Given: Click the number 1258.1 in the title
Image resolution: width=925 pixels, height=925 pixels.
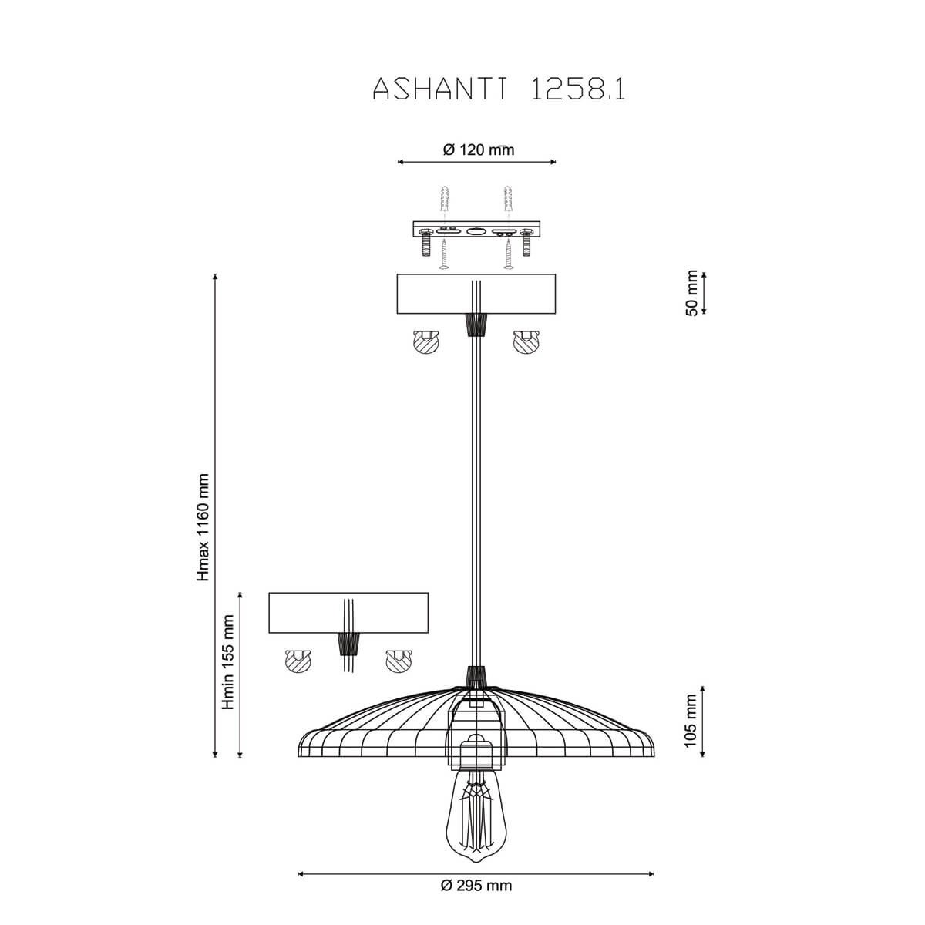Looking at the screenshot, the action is click(578, 89).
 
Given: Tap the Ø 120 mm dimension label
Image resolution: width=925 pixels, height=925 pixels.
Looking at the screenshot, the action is click(478, 150).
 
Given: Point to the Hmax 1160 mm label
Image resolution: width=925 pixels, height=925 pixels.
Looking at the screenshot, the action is click(203, 527).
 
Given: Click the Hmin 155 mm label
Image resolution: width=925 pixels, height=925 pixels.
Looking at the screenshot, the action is click(228, 662).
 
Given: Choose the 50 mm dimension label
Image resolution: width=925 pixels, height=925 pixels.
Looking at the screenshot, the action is click(691, 293).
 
